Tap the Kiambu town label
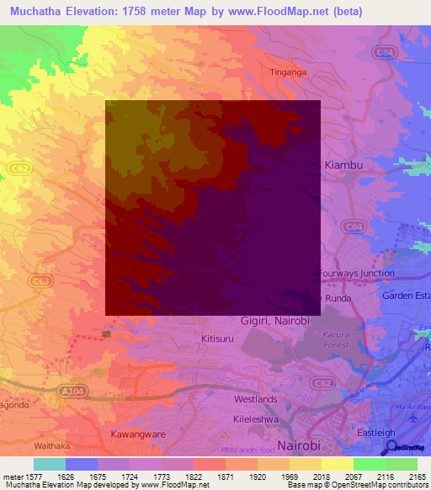tap(343, 165)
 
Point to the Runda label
tap(338, 297)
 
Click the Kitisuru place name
tap(217, 338)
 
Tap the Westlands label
tap(255, 398)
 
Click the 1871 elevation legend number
tap(226, 477)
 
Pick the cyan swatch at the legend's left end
tap(49, 464)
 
